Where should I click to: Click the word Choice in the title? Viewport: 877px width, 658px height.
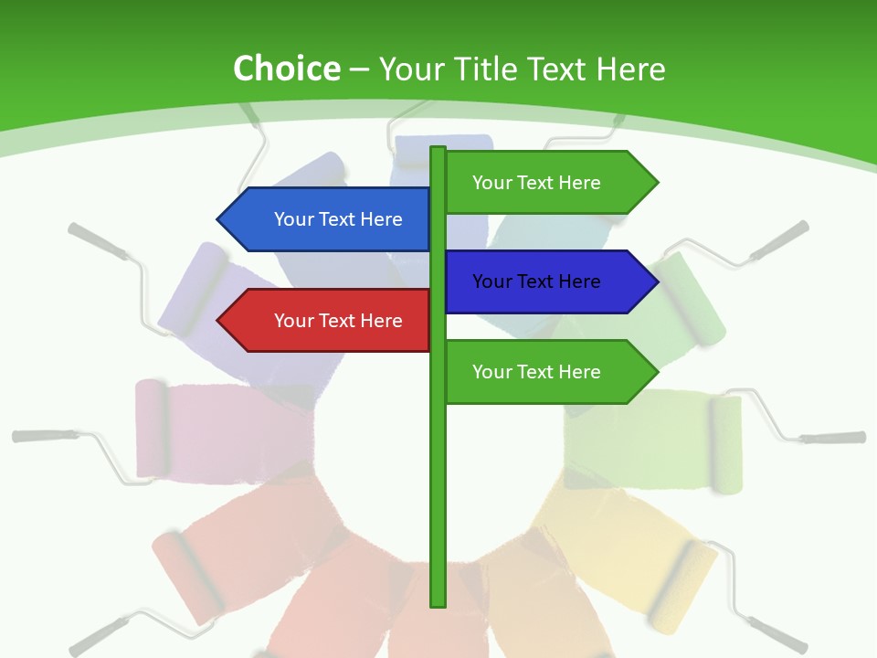[286, 69]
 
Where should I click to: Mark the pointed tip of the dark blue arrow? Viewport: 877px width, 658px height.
[656, 281]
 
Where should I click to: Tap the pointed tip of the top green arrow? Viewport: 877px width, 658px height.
[656, 183]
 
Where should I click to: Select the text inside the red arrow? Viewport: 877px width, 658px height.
[338, 321]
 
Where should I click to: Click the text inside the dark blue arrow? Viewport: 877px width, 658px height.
[536, 281]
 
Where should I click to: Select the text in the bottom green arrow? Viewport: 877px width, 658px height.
[536, 372]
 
